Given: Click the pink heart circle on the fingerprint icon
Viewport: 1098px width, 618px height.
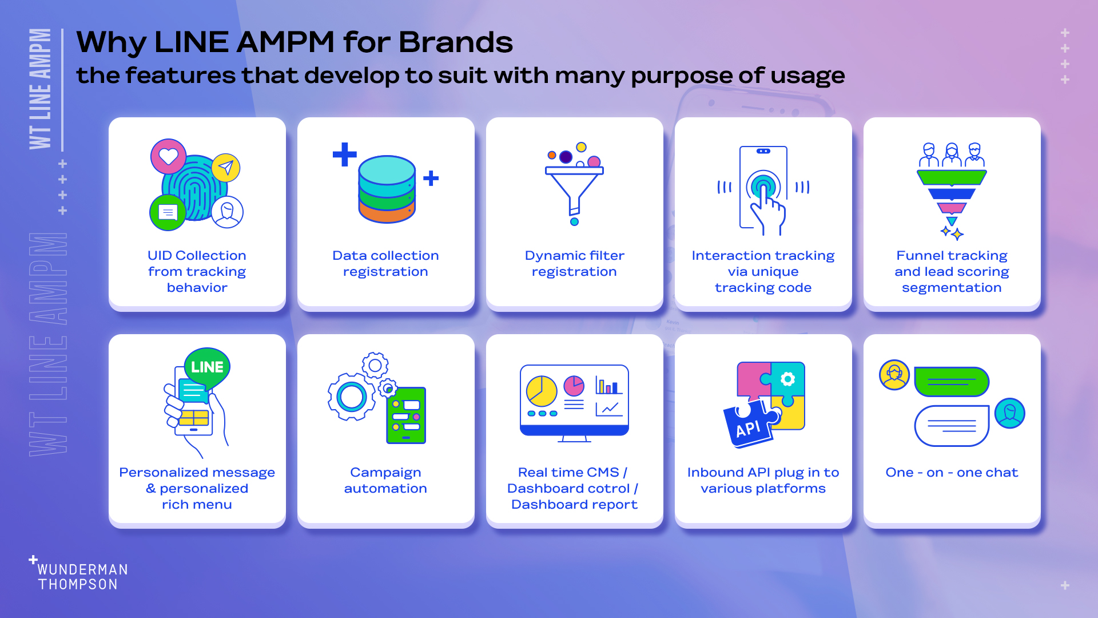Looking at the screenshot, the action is (169, 156).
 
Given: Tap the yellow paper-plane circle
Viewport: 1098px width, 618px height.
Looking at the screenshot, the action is (226, 168).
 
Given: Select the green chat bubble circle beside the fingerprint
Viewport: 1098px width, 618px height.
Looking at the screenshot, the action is (168, 213).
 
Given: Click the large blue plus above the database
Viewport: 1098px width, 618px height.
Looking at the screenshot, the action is (345, 154).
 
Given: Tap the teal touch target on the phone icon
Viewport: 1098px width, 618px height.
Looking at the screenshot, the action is (763, 185).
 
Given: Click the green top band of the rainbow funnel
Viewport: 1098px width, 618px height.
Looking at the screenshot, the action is (952, 177).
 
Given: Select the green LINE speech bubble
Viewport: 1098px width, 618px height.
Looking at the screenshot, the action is (207, 368).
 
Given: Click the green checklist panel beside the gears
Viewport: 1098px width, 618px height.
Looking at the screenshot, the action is (406, 415).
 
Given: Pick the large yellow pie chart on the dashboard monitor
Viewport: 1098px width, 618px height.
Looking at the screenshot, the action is (542, 391).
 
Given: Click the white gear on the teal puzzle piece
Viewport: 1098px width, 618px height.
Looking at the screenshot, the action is (787, 379).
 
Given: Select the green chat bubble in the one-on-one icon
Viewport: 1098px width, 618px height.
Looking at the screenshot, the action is (952, 382).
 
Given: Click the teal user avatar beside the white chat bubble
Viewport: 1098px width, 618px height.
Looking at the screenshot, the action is (1010, 413).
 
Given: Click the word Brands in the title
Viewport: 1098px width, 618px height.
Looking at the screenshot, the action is (456, 42).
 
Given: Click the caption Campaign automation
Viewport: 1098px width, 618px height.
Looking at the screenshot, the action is (385, 481).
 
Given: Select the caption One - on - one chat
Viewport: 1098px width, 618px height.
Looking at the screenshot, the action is (952, 473).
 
